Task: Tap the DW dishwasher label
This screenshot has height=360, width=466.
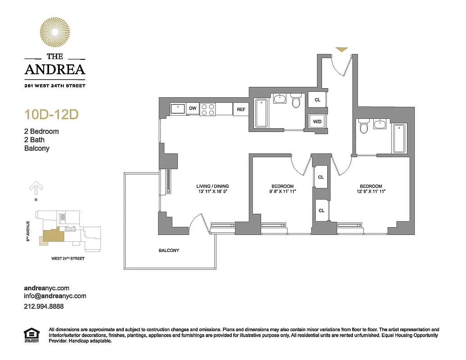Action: pos(193,108)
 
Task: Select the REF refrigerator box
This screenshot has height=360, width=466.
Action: pos(241,109)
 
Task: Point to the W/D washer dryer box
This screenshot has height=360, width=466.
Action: pos(317,121)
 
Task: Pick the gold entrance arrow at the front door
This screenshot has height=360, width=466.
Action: pos(342,49)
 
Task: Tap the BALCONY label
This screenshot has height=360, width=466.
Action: pos(169,250)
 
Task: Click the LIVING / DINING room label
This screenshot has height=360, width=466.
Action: pos(213,186)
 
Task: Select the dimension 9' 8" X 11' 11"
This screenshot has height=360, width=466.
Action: pos(282,192)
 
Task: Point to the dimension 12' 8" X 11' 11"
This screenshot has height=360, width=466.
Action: pos(371,192)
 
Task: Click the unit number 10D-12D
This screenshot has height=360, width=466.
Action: pos(51,115)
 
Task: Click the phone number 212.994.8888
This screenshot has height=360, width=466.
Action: pos(44,306)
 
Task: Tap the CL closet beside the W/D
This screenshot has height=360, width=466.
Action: pos(317,100)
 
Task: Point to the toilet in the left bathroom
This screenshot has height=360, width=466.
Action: pos(296,101)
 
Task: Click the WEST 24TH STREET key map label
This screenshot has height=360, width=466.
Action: pos(68,259)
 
